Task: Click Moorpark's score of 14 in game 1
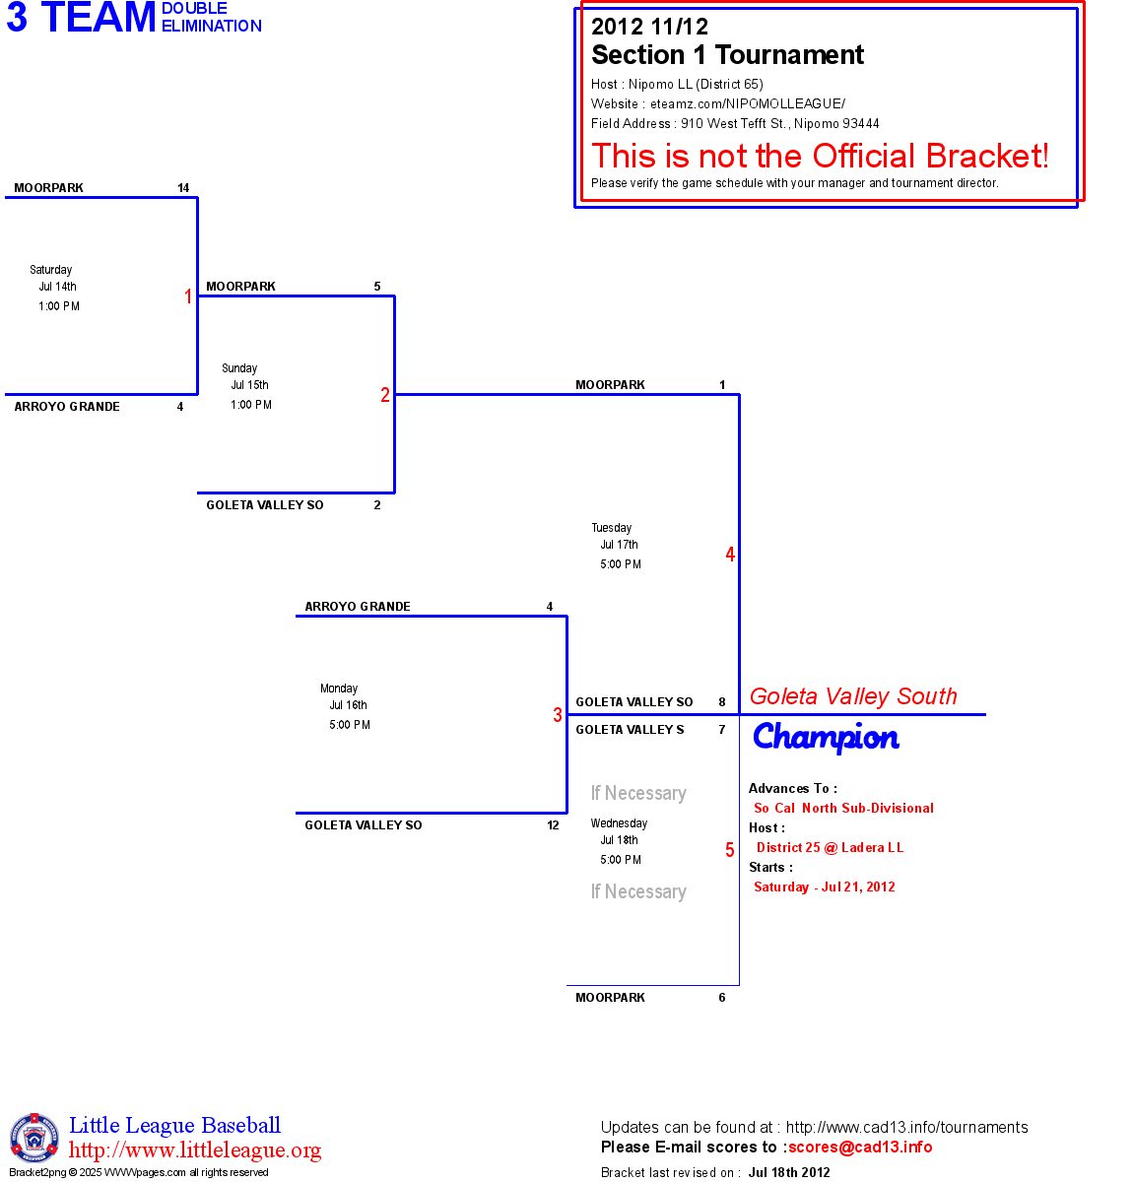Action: tap(183, 188)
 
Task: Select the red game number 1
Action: tap(188, 296)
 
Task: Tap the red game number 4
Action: tap(730, 555)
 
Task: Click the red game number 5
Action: tap(730, 850)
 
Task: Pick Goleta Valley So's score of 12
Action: tap(553, 825)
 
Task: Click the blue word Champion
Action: tap(826, 738)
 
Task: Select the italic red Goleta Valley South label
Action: tap(853, 696)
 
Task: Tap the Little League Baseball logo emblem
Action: tap(34, 1139)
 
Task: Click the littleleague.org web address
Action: tap(195, 1150)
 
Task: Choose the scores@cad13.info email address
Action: tap(860, 1147)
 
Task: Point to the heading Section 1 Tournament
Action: tap(727, 55)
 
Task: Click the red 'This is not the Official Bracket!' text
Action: tap(820, 156)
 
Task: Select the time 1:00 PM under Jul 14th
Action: tap(59, 306)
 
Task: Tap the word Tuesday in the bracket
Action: tap(612, 528)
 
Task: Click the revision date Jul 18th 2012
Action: tap(789, 1172)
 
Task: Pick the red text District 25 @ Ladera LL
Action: tap(830, 847)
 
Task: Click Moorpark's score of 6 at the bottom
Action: tap(722, 998)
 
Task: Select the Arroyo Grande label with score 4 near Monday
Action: tap(358, 607)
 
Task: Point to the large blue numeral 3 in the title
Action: tap(17, 18)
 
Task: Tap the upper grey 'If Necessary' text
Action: tap(638, 793)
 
